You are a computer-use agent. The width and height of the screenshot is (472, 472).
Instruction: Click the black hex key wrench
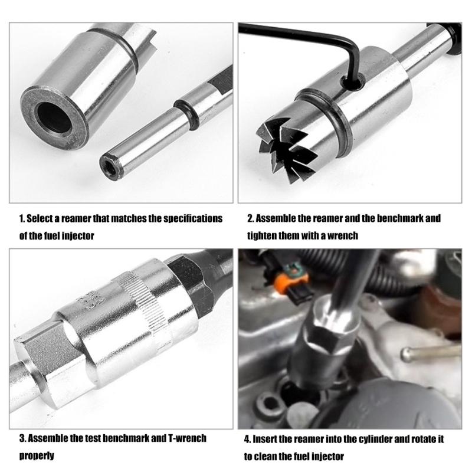click(307, 38)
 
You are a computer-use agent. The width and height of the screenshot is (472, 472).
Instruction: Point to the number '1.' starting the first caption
click(22, 218)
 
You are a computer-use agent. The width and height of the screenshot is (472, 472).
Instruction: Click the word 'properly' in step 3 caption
click(37, 455)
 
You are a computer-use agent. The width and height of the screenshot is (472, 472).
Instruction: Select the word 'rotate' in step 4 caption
click(423, 439)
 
